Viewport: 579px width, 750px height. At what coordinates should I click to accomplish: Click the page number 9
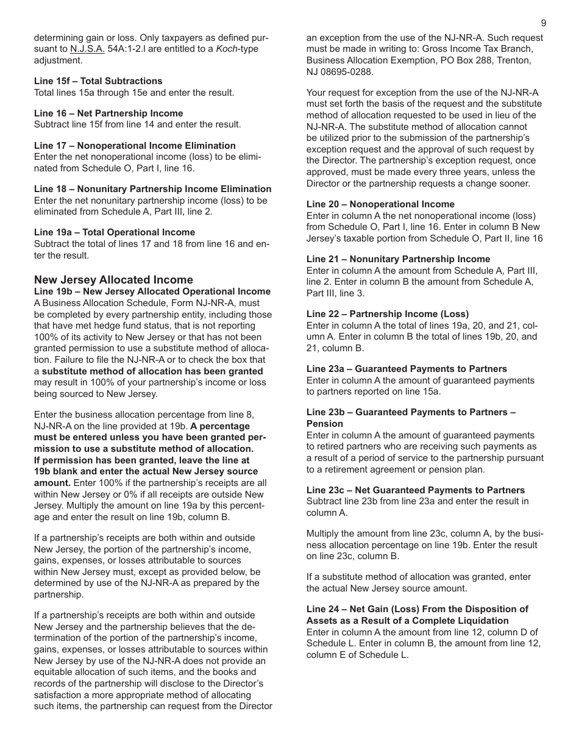tap(544, 23)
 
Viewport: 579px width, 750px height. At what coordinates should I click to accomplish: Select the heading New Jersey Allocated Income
tap(113, 280)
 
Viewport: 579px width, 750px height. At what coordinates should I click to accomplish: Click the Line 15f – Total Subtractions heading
tap(98, 81)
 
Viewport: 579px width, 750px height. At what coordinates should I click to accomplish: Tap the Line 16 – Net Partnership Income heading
tap(108, 113)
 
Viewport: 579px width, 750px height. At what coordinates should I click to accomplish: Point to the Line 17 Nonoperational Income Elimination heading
tap(135, 146)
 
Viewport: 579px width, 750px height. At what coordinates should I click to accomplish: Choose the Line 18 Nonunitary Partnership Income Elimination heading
tap(152, 189)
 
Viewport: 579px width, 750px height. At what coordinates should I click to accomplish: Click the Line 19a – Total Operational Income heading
tap(115, 232)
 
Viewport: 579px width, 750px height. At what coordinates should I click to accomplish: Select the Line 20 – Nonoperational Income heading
tap(380, 204)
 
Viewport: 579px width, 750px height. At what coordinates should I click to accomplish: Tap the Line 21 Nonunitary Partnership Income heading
tap(398, 259)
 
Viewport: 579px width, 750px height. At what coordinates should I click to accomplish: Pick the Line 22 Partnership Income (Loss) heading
tap(388, 314)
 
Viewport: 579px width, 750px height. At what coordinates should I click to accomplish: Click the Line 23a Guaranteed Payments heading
tap(407, 369)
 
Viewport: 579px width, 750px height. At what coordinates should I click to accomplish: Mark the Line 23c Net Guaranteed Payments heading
tap(415, 490)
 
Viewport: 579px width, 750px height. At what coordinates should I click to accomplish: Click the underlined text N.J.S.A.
tap(87, 49)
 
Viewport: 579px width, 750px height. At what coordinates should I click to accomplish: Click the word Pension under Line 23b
tap(325, 424)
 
